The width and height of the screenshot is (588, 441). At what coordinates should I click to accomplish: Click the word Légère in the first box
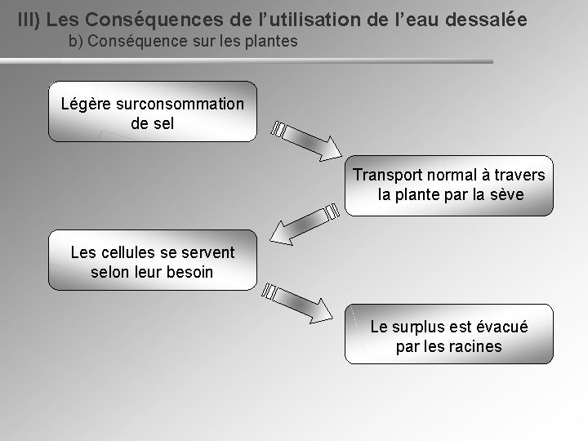87,105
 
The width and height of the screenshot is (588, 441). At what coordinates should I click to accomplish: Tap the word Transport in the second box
388,176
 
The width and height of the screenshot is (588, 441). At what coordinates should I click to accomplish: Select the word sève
506,195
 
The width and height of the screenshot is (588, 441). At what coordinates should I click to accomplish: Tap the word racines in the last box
474,346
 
